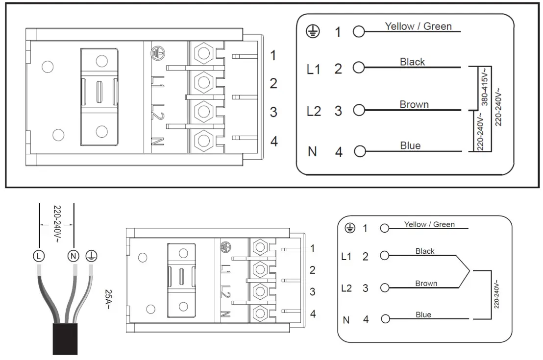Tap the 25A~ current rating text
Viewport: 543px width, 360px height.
click(109, 300)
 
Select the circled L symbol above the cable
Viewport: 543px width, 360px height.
click(39, 255)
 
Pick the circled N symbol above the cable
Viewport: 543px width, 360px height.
click(74, 255)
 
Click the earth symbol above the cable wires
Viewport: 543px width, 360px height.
click(91, 255)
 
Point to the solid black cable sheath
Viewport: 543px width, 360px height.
click(65, 338)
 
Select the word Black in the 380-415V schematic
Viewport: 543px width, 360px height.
click(412, 62)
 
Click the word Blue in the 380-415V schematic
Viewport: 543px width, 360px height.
click(410, 145)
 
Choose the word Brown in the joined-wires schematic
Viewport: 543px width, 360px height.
click(426, 283)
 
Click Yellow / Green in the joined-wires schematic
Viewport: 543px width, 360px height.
click(429, 224)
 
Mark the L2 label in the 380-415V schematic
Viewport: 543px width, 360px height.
click(313, 111)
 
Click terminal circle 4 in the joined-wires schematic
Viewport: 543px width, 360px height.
click(385, 320)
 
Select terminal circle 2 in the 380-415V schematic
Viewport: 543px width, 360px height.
click(359, 68)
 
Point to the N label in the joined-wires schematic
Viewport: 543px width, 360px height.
click(346, 320)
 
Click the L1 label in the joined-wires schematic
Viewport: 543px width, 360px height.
click(346, 256)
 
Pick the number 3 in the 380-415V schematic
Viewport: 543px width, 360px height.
click(338, 111)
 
